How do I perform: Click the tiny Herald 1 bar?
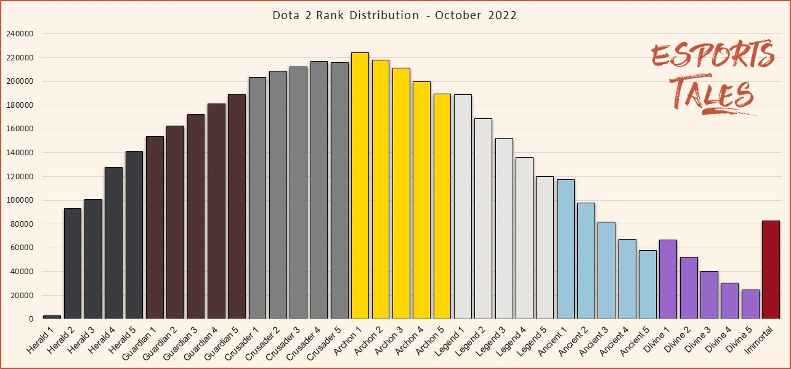[52, 317]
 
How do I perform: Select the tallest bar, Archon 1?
[360, 185]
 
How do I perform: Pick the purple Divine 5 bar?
[750, 304]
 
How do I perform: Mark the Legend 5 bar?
[545, 247]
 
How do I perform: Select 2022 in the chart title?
[503, 15]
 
